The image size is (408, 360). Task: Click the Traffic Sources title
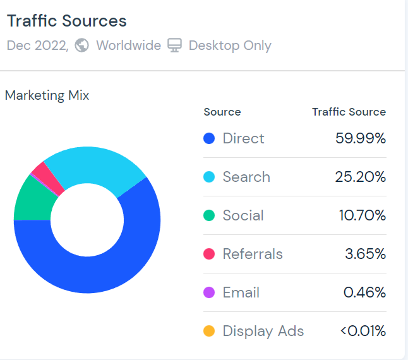tap(66, 21)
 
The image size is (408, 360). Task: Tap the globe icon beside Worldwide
tap(81, 45)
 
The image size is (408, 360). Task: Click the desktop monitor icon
tap(174, 45)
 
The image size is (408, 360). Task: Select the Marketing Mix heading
tap(47, 95)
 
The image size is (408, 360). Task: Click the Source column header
tap(222, 112)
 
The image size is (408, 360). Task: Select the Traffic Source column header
tap(349, 112)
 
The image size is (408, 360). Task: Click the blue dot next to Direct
tap(210, 138)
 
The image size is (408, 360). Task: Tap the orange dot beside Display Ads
tap(210, 331)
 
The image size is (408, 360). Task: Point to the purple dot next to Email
tap(210, 292)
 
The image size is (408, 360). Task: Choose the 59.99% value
tap(360, 138)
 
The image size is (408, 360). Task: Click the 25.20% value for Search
tap(360, 177)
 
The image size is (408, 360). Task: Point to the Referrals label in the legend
tap(253, 254)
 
